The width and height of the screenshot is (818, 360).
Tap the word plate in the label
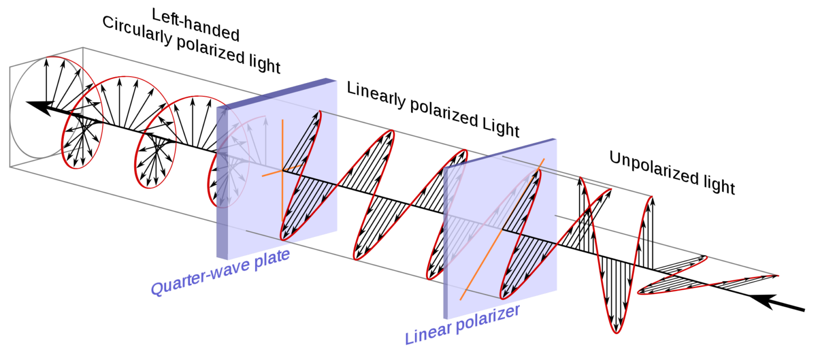click(271, 258)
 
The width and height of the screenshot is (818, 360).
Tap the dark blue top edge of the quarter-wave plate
click(277, 93)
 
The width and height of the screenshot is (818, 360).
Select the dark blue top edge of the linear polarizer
click(501, 152)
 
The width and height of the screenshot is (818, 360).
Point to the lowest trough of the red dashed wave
click(616, 333)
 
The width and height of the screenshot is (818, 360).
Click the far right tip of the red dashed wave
click(778, 275)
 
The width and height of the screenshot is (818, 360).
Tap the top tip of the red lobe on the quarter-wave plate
click(320, 111)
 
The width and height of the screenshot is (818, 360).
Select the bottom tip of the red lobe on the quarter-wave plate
click(283, 238)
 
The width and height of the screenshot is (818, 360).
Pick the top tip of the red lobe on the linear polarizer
click(539, 170)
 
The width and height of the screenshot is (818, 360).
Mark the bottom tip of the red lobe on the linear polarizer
click(502, 297)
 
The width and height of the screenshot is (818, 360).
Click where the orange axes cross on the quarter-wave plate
click(282, 171)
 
